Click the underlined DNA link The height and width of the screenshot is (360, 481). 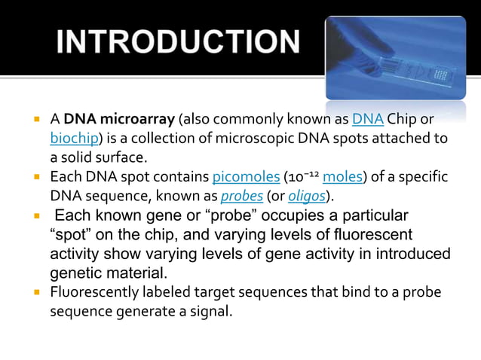pos(368,120)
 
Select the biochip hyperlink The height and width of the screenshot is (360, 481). pos(74,139)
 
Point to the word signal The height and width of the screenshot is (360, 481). pos(210,310)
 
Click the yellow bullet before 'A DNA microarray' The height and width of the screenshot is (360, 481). pos(35,120)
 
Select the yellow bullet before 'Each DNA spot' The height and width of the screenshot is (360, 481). pos(35,178)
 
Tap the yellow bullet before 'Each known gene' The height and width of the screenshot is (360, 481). pos(35,215)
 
